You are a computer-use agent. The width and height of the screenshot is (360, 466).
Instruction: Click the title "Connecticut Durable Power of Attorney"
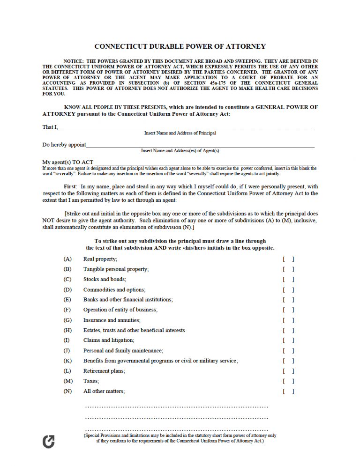click(x=180, y=46)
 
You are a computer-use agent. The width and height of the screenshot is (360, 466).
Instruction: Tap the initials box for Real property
click(x=288, y=259)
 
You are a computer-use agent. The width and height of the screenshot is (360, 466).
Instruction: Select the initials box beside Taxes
click(x=288, y=381)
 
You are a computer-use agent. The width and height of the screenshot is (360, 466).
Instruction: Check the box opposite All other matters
click(x=288, y=392)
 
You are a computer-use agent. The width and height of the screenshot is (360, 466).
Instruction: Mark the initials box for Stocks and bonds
click(x=288, y=280)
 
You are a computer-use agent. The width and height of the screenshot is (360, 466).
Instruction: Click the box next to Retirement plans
click(x=288, y=371)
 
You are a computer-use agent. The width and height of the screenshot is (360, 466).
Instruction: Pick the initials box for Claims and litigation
click(x=288, y=340)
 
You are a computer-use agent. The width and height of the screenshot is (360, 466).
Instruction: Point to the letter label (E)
click(x=67, y=300)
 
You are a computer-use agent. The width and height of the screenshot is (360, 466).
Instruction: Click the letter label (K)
click(x=67, y=361)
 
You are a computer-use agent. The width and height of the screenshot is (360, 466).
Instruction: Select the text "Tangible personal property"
click(x=116, y=269)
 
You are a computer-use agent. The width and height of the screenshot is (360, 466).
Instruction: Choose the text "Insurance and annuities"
click(x=112, y=320)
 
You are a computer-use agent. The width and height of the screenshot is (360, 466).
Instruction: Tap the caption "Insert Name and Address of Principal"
click(x=180, y=133)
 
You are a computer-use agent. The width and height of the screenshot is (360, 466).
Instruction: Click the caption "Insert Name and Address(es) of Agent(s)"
click(x=180, y=151)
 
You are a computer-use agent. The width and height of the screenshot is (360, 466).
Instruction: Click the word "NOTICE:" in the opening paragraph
click(x=74, y=61)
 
